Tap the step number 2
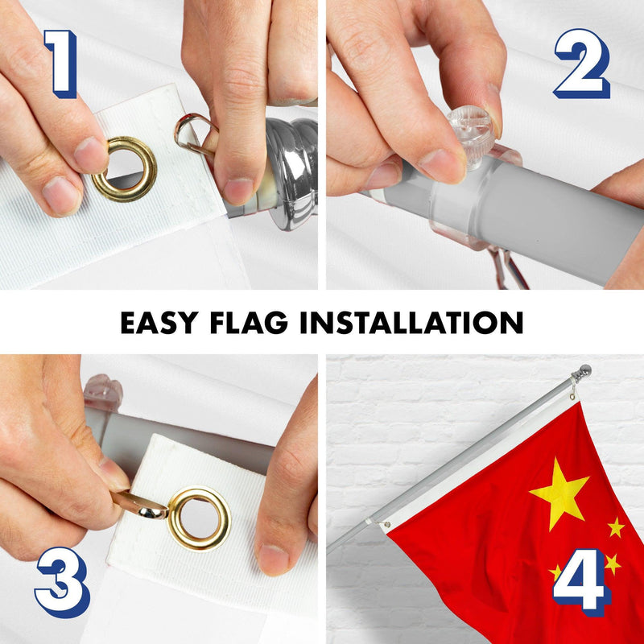coord(582,64)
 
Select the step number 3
coord(63,582)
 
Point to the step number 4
coord(582,582)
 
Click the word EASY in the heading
coord(159,323)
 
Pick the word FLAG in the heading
coord(249,323)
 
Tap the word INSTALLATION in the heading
coord(411,323)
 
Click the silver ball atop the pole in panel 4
coord(584,370)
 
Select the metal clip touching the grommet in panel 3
coord(139,506)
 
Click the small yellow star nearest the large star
coord(616,527)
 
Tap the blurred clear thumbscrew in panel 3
coord(103,392)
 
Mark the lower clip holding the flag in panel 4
coord(385,525)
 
